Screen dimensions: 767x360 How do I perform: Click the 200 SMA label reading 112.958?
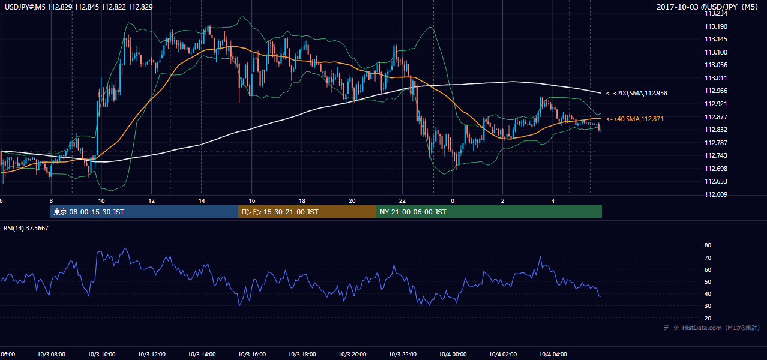[637, 93]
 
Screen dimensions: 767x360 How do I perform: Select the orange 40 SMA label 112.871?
[634, 119]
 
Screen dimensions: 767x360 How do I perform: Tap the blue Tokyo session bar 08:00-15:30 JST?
[144, 212]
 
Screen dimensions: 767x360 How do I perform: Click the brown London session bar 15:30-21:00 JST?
[307, 212]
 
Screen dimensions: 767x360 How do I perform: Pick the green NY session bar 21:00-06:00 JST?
[489, 212]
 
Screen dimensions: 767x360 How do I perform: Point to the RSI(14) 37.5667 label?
[26, 228]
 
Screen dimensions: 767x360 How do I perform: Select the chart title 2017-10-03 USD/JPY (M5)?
[707, 7]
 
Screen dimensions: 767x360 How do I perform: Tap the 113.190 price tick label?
[716, 26]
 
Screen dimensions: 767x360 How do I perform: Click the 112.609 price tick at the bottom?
[716, 194]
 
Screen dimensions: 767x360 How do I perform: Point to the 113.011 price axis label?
[716, 79]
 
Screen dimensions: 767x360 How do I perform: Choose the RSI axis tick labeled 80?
[708, 245]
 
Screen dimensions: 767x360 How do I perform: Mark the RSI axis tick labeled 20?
[708, 319]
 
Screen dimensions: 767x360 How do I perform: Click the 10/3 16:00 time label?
[251, 355]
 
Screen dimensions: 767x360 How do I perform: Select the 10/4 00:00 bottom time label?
[453, 355]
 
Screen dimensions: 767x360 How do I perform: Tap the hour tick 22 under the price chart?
[402, 201]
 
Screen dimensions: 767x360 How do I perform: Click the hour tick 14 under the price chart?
[202, 201]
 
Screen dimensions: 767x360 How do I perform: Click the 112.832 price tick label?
[716, 130]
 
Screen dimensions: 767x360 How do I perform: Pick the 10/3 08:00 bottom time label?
[51, 355]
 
